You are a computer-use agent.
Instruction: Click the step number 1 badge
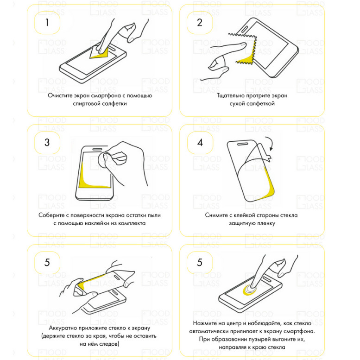pyautogui.click(x=47, y=23)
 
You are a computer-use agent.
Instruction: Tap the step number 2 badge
pyautogui.click(x=200, y=23)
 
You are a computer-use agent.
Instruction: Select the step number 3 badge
pyautogui.click(x=47, y=143)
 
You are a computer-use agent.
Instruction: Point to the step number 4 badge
pyautogui.click(x=200, y=143)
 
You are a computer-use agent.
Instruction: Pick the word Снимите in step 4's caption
pyautogui.click(x=216, y=215)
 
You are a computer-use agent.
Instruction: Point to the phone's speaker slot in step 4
pyautogui.click(x=242, y=144)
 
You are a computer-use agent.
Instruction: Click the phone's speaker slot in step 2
pyautogui.click(x=245, y=29)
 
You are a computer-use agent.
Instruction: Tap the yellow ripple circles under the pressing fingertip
pyautogui.click(x=250, y=290)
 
